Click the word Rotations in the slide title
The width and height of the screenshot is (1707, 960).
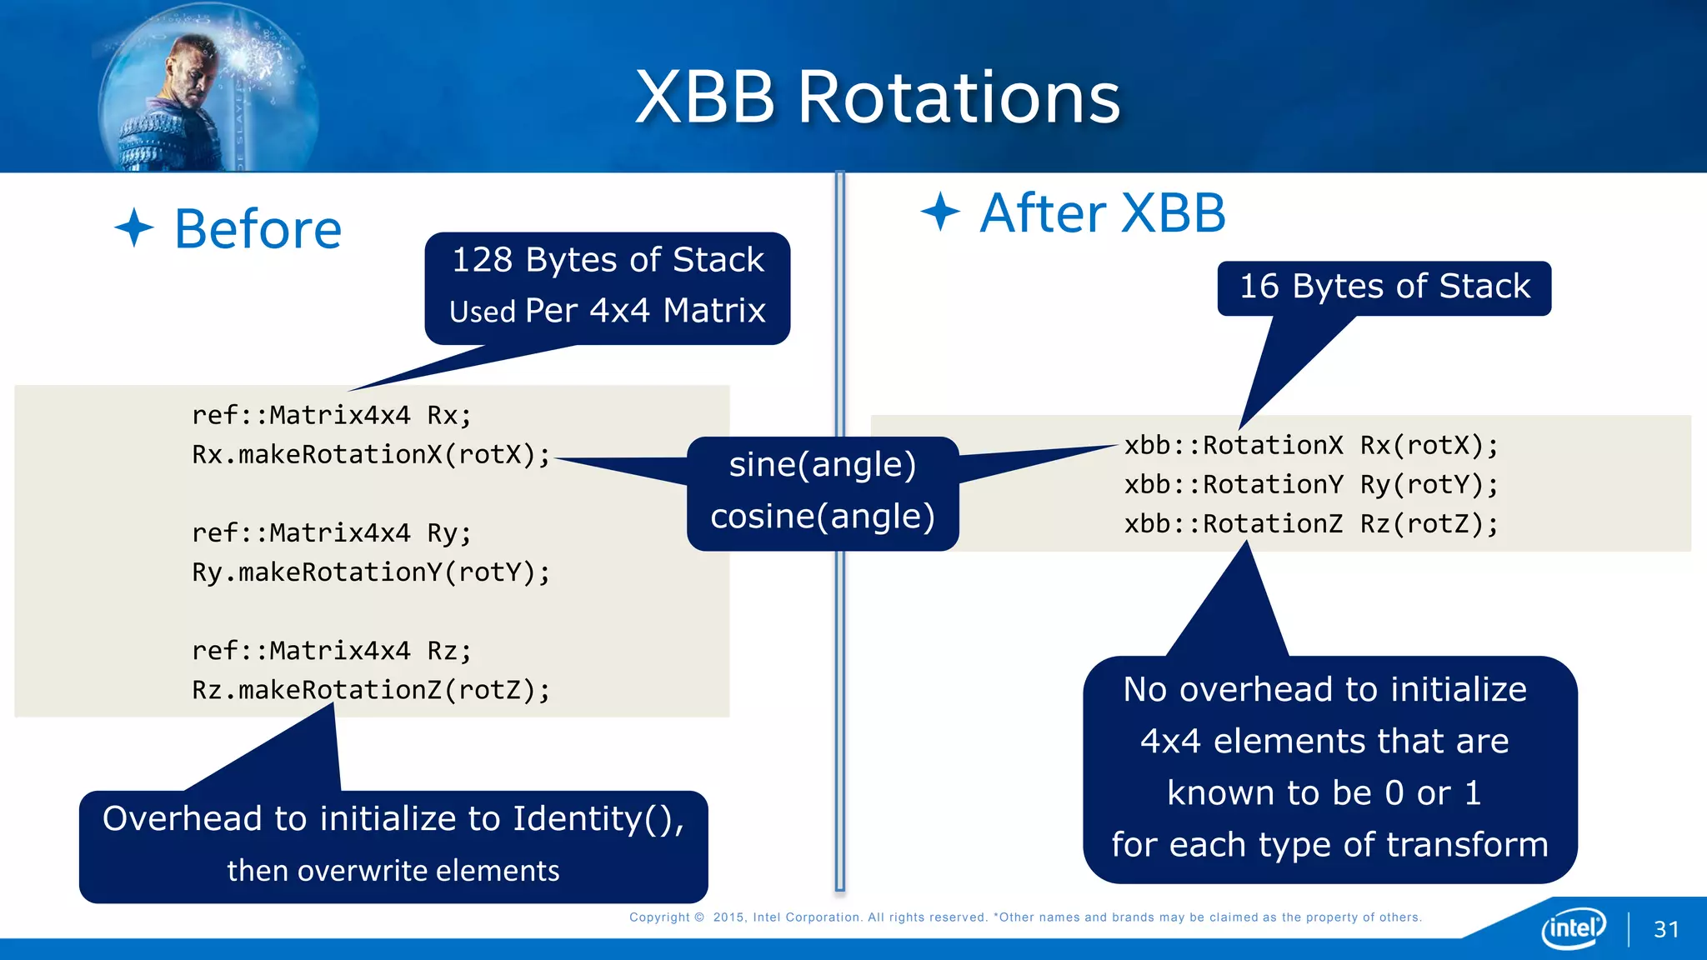(959, 98)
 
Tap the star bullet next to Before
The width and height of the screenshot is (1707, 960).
(134, 227)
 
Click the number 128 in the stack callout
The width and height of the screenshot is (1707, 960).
(482, 260)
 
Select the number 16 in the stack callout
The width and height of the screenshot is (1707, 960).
(1259, 287)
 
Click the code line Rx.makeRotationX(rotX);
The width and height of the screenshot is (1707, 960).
(371, 455)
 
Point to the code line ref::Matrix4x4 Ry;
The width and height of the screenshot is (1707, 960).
(332, 533)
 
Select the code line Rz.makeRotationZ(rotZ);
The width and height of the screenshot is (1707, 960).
(371, 690)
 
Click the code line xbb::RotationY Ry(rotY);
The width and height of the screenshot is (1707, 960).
(1310, 485)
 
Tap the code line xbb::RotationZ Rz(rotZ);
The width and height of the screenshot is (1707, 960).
(1310, 524)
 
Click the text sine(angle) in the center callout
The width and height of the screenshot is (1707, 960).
(822, 465)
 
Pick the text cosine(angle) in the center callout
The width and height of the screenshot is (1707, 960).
(822, 517)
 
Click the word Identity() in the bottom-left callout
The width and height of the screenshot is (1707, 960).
(597, 819)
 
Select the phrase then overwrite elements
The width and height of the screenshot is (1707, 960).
(393, 871)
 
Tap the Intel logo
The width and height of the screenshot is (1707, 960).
(1574, 927)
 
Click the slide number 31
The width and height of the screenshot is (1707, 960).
(1666, 929)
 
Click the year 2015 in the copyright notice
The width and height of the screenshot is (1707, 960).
(728, 917)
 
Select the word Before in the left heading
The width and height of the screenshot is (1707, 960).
(258, 229)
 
